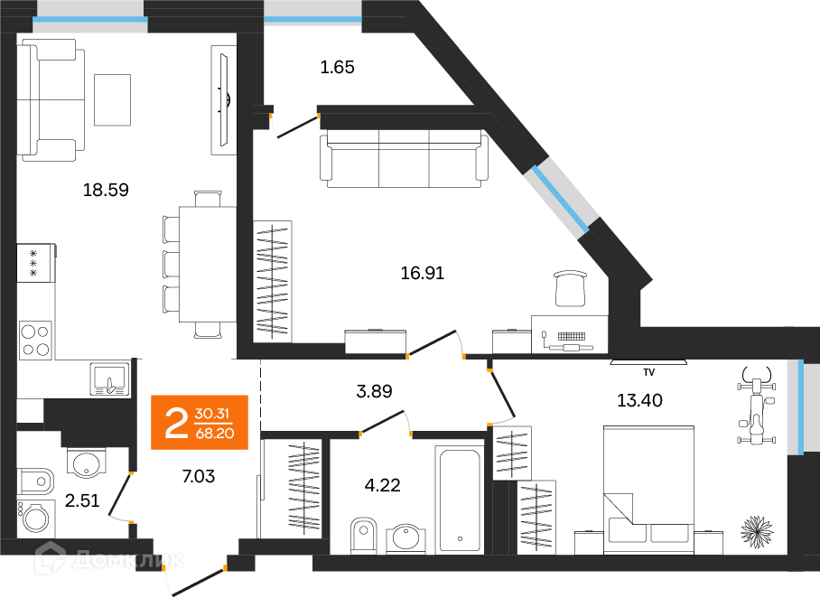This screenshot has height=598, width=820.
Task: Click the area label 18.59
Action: coord(107,190)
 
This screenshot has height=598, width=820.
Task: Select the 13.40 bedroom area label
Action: coord(639,401)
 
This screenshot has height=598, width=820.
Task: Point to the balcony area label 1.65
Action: coord(338,66)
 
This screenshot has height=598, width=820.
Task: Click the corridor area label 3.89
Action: coord(373,391)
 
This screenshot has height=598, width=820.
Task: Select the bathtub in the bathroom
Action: coord(461,498)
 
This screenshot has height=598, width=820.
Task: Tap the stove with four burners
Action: coord(36,340)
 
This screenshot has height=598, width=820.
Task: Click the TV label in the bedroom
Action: coord(648,372)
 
